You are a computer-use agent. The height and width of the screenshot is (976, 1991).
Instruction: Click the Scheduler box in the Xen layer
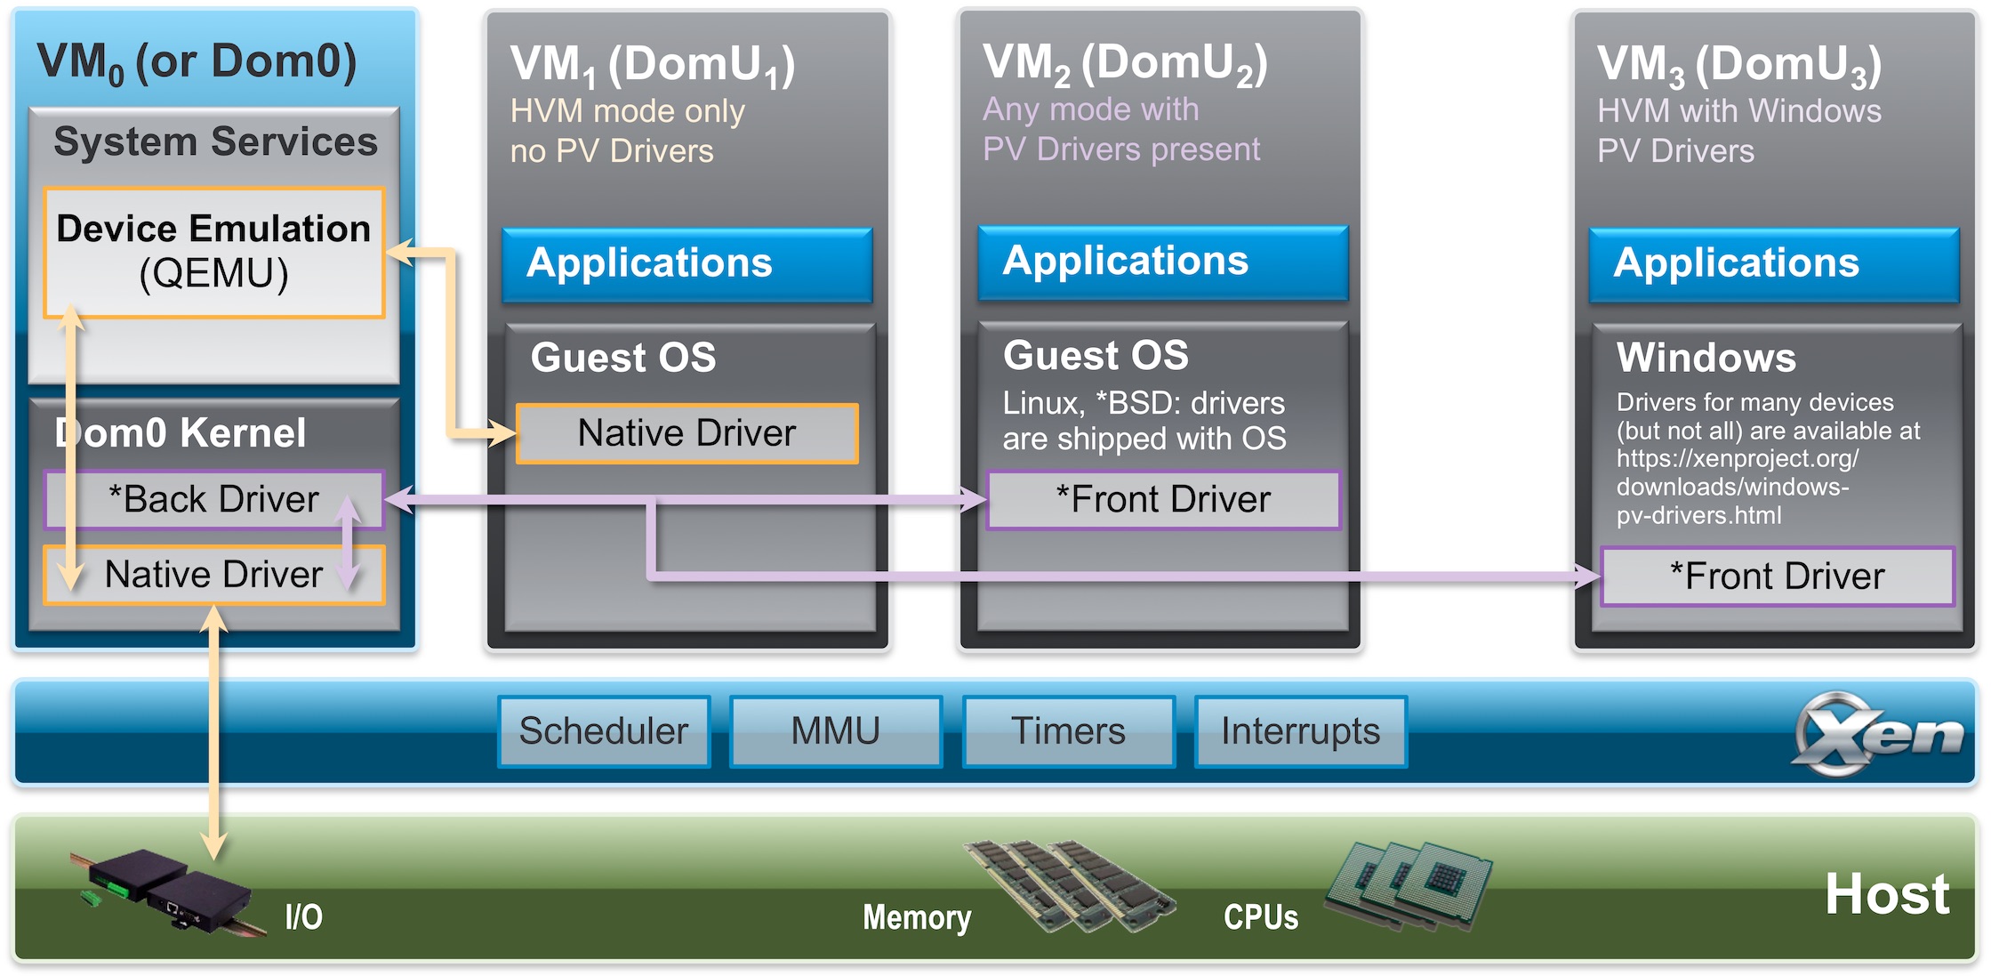[x=604, y=731]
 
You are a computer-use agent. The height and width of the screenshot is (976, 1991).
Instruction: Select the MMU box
[x=835, y=731]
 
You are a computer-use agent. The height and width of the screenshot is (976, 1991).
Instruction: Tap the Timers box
[x=1068, y=731]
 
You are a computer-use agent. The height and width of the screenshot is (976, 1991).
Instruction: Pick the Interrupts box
[x=1300, y=731]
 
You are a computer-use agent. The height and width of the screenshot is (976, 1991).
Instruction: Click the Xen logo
[x=1876, y=734]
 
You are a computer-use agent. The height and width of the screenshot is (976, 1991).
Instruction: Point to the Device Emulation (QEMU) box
[x=213, y=252]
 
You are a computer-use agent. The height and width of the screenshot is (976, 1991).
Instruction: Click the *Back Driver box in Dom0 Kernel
[x=213, y=499]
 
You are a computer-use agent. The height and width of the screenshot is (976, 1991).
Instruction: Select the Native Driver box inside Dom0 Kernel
[x=213, y=575]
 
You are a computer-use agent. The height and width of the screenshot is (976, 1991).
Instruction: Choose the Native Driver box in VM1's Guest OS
[x=686, y=433]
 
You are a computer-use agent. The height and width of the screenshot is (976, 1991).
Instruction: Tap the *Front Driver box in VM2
[x=1163, y=500]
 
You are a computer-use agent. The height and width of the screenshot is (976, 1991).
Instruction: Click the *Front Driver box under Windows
[x=1777, y=577]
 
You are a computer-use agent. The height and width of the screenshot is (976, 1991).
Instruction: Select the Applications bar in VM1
[x=686, y=264]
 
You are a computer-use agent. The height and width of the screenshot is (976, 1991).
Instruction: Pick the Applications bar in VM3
[x=1773, y=264]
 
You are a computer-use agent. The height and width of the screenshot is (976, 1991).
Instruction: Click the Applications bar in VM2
[x=1162, y=262]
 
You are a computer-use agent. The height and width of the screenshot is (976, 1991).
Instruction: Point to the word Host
[x=1887, y=894]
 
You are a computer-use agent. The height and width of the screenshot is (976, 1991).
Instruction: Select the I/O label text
[x=303, y=917]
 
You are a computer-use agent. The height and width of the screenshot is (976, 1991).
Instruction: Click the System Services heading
[x=215, y=142]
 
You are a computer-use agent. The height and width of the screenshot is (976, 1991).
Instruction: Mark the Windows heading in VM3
[x=1706, y=358]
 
